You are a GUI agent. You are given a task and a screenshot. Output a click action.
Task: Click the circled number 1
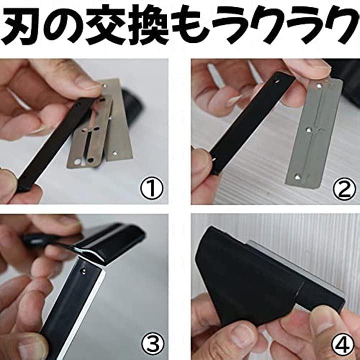point(152,188)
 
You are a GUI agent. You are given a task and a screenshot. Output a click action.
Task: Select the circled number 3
point(152,343)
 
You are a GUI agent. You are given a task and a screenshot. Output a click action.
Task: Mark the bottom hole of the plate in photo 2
point(297,177)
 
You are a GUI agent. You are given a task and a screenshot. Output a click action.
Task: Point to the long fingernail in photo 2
point(233,100)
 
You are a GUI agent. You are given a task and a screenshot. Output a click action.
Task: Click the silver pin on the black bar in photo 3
point(83,272)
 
